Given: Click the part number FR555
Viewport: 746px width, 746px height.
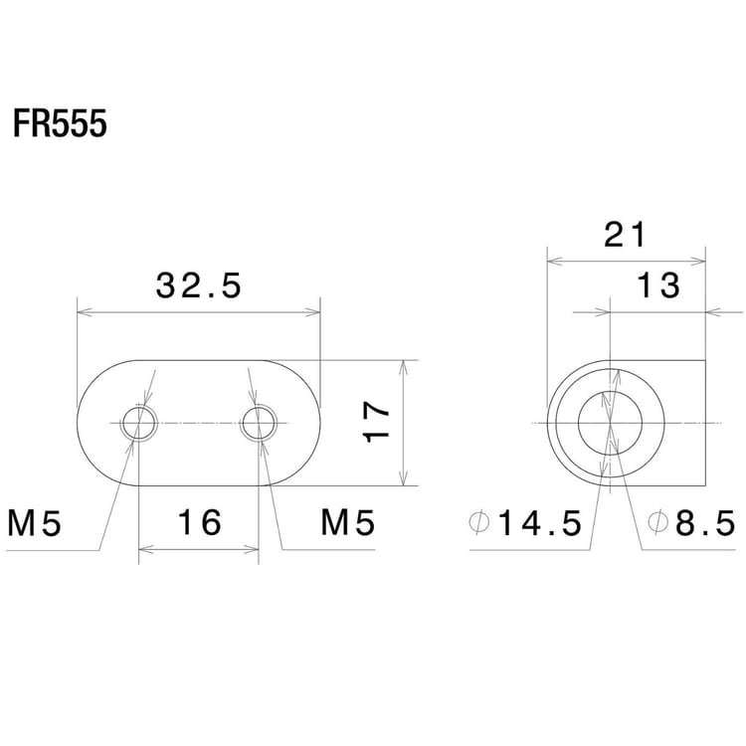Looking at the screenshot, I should click(60, 126).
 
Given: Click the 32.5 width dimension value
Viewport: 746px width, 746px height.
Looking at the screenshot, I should click(199, 286).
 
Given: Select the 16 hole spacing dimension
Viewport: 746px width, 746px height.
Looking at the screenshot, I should click(199, 522).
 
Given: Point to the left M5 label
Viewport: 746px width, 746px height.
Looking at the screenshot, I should click(36, 522).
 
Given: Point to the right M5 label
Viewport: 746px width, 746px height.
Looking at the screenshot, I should click(347, 522).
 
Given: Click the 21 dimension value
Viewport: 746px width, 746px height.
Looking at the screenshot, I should click(626, 235).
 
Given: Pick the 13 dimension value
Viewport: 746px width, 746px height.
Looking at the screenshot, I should click(657, 285).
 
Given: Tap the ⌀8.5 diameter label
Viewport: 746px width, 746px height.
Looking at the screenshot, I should click(690, 522).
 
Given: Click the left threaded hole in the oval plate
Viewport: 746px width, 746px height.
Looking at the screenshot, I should click(139, 424).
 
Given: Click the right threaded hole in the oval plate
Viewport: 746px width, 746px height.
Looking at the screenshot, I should click(260, 424).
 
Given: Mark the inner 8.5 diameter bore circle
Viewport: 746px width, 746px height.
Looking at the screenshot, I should click(610, 424).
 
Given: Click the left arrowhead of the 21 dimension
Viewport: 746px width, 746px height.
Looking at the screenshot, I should click(553, 261).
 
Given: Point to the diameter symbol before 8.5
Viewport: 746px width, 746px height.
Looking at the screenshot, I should click(656, 522).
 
